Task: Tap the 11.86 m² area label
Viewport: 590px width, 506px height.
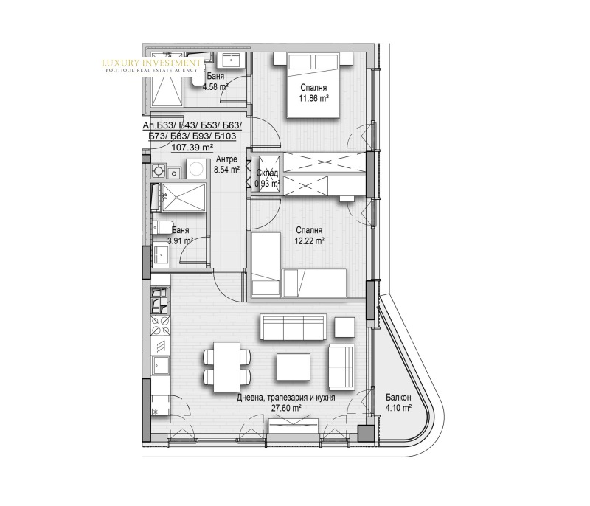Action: pyautogui.click(x=313, y=99)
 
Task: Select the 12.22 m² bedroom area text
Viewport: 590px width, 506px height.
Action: pyautogui.click(x=310, y=241)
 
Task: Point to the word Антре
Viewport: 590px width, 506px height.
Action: pyautogui.click(x=226, y=159)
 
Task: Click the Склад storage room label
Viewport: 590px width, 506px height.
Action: pyautogui.click(x=267, y=173)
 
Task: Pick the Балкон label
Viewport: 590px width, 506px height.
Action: pyautogui.click(x=398, y=398)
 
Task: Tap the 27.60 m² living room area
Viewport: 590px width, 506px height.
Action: pyautogui.click(x=286, y=408)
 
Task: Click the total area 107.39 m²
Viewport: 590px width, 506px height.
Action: pyautogui.click(x=192, y=148)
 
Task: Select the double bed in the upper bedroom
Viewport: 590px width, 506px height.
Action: pyautogui.click(x=313, y=85)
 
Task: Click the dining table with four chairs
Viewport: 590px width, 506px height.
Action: pyautogui.click(x=227, y=367)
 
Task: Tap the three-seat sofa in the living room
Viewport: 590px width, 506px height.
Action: pyautogui.click(x=293, y=327)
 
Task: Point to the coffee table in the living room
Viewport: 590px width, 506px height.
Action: pyautogui.click(x=294, y=367)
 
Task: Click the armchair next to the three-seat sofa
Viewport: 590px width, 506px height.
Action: pyautogui.click(x=344, y=327)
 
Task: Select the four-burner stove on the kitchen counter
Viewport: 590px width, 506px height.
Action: pyautogui.click(x=160, y=326)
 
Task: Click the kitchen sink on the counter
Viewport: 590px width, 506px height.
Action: pyautogui.click(x=161, y=366)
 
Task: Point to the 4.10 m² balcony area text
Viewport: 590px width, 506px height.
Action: pyautogui.click(x=398, y=408)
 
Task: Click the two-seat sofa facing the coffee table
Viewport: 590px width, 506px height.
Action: pyautogui.click(x=341, y=367)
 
